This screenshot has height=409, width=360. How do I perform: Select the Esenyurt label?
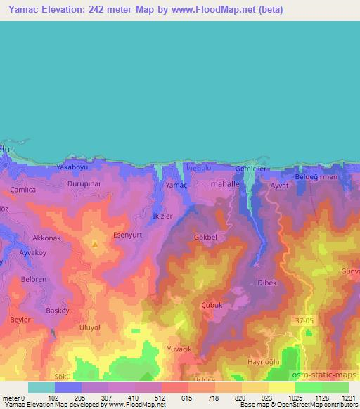pos(128,237)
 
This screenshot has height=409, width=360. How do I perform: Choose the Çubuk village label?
pos(212,305)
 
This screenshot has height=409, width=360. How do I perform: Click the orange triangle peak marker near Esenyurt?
pos(95,245)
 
